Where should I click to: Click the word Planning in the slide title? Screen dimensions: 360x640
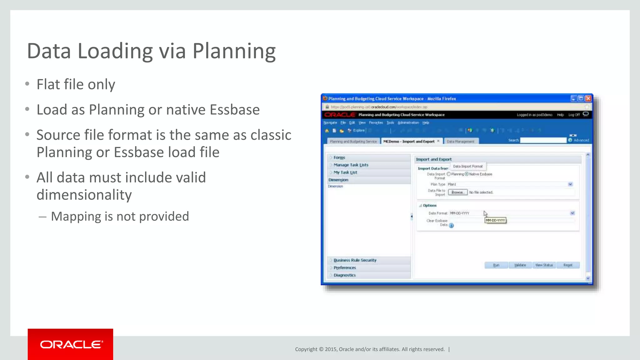pyautogui.click(x=234, y=51)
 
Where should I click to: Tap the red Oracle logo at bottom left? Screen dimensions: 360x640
pyautogui.click(x=70, y=344)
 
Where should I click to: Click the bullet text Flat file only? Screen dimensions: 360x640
pyautogui.click(x=76, y=84)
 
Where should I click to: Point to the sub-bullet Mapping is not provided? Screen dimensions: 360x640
pyautogui.click(x=120, y=216)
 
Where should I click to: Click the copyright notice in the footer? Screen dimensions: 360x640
pyautogui.click(x=370, y=349)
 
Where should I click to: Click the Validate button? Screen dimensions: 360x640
pyautogui.click(x=520, y=265)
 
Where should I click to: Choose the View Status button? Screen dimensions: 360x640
pyautogui.click(x=544, y=265)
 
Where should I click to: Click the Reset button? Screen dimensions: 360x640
pyautogui.click(x=568, y=265)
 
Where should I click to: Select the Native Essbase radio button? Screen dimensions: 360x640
pyautogui.click(x=467, y=174)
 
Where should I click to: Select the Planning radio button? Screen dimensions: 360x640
pyautogui.click(x=449, y=174)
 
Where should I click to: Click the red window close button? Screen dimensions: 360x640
pyautogui.click(x=588, y=98)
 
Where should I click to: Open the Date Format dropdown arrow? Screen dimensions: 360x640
pyautogui.click(x=572, y=213)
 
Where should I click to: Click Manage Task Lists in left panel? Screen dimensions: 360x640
pyautogui.click(x=351, y=165)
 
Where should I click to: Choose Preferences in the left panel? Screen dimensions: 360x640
pyautogui.click(x=345, y=268)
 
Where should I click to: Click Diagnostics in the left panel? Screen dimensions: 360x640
pyautogui.click(x=344, y=275)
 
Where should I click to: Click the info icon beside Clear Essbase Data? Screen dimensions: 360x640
pyautogui.click(x=451, y=226)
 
